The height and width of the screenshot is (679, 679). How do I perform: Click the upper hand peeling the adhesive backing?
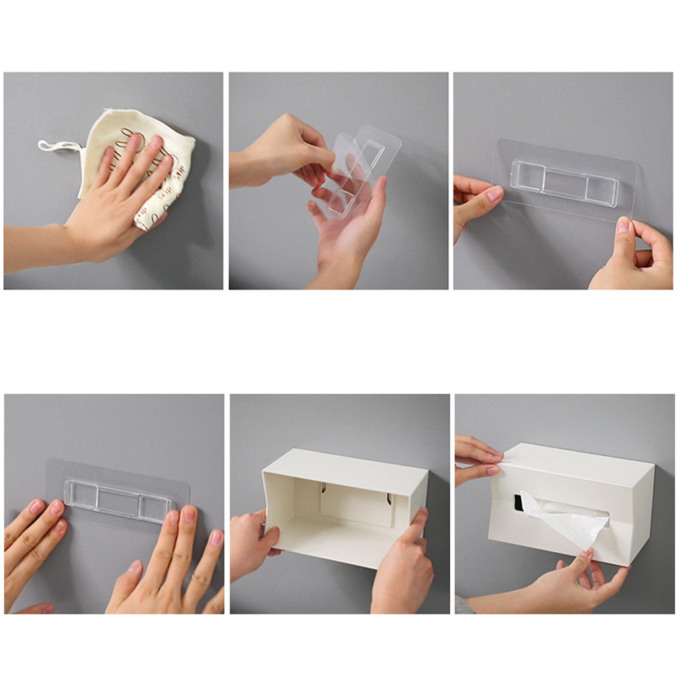click(x=285, y=149)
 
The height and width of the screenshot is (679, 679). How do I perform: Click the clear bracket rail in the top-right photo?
click(x=564, y=183)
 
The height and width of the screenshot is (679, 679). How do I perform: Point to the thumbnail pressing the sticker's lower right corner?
click(x=623, y=225)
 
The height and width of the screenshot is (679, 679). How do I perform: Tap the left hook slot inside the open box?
click(x=323, y=489)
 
